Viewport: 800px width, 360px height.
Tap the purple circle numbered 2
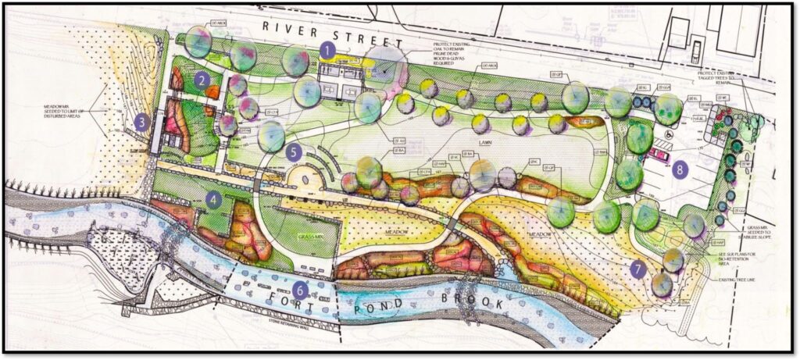click(202, 79)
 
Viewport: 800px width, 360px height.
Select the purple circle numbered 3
click(141, 122)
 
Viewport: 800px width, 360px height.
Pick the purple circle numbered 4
click(214, 199)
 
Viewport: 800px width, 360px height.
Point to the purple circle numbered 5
click(294, 151)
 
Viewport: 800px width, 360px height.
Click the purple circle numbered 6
click(302, 289)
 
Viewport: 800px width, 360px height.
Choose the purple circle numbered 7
click(638, 270)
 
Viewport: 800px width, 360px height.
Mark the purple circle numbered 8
click(680, 169)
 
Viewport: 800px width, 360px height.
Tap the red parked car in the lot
click(660, 155)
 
